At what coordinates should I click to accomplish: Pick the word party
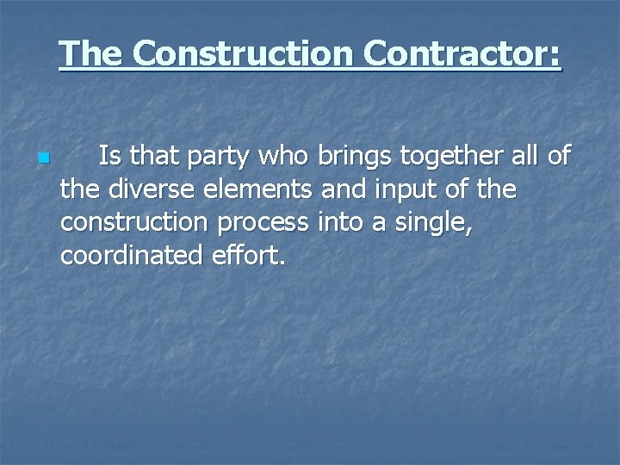pyautogui.click(x=196, y=158)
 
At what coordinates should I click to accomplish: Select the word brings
pyautogui.click(x=350, y=158)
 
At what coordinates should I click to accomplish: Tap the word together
pyautogui.click(x=452, y=158)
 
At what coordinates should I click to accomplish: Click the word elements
pyautogui.click(x=257, y=189)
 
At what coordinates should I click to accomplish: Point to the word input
pyautogui.click(x=387, y=191)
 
